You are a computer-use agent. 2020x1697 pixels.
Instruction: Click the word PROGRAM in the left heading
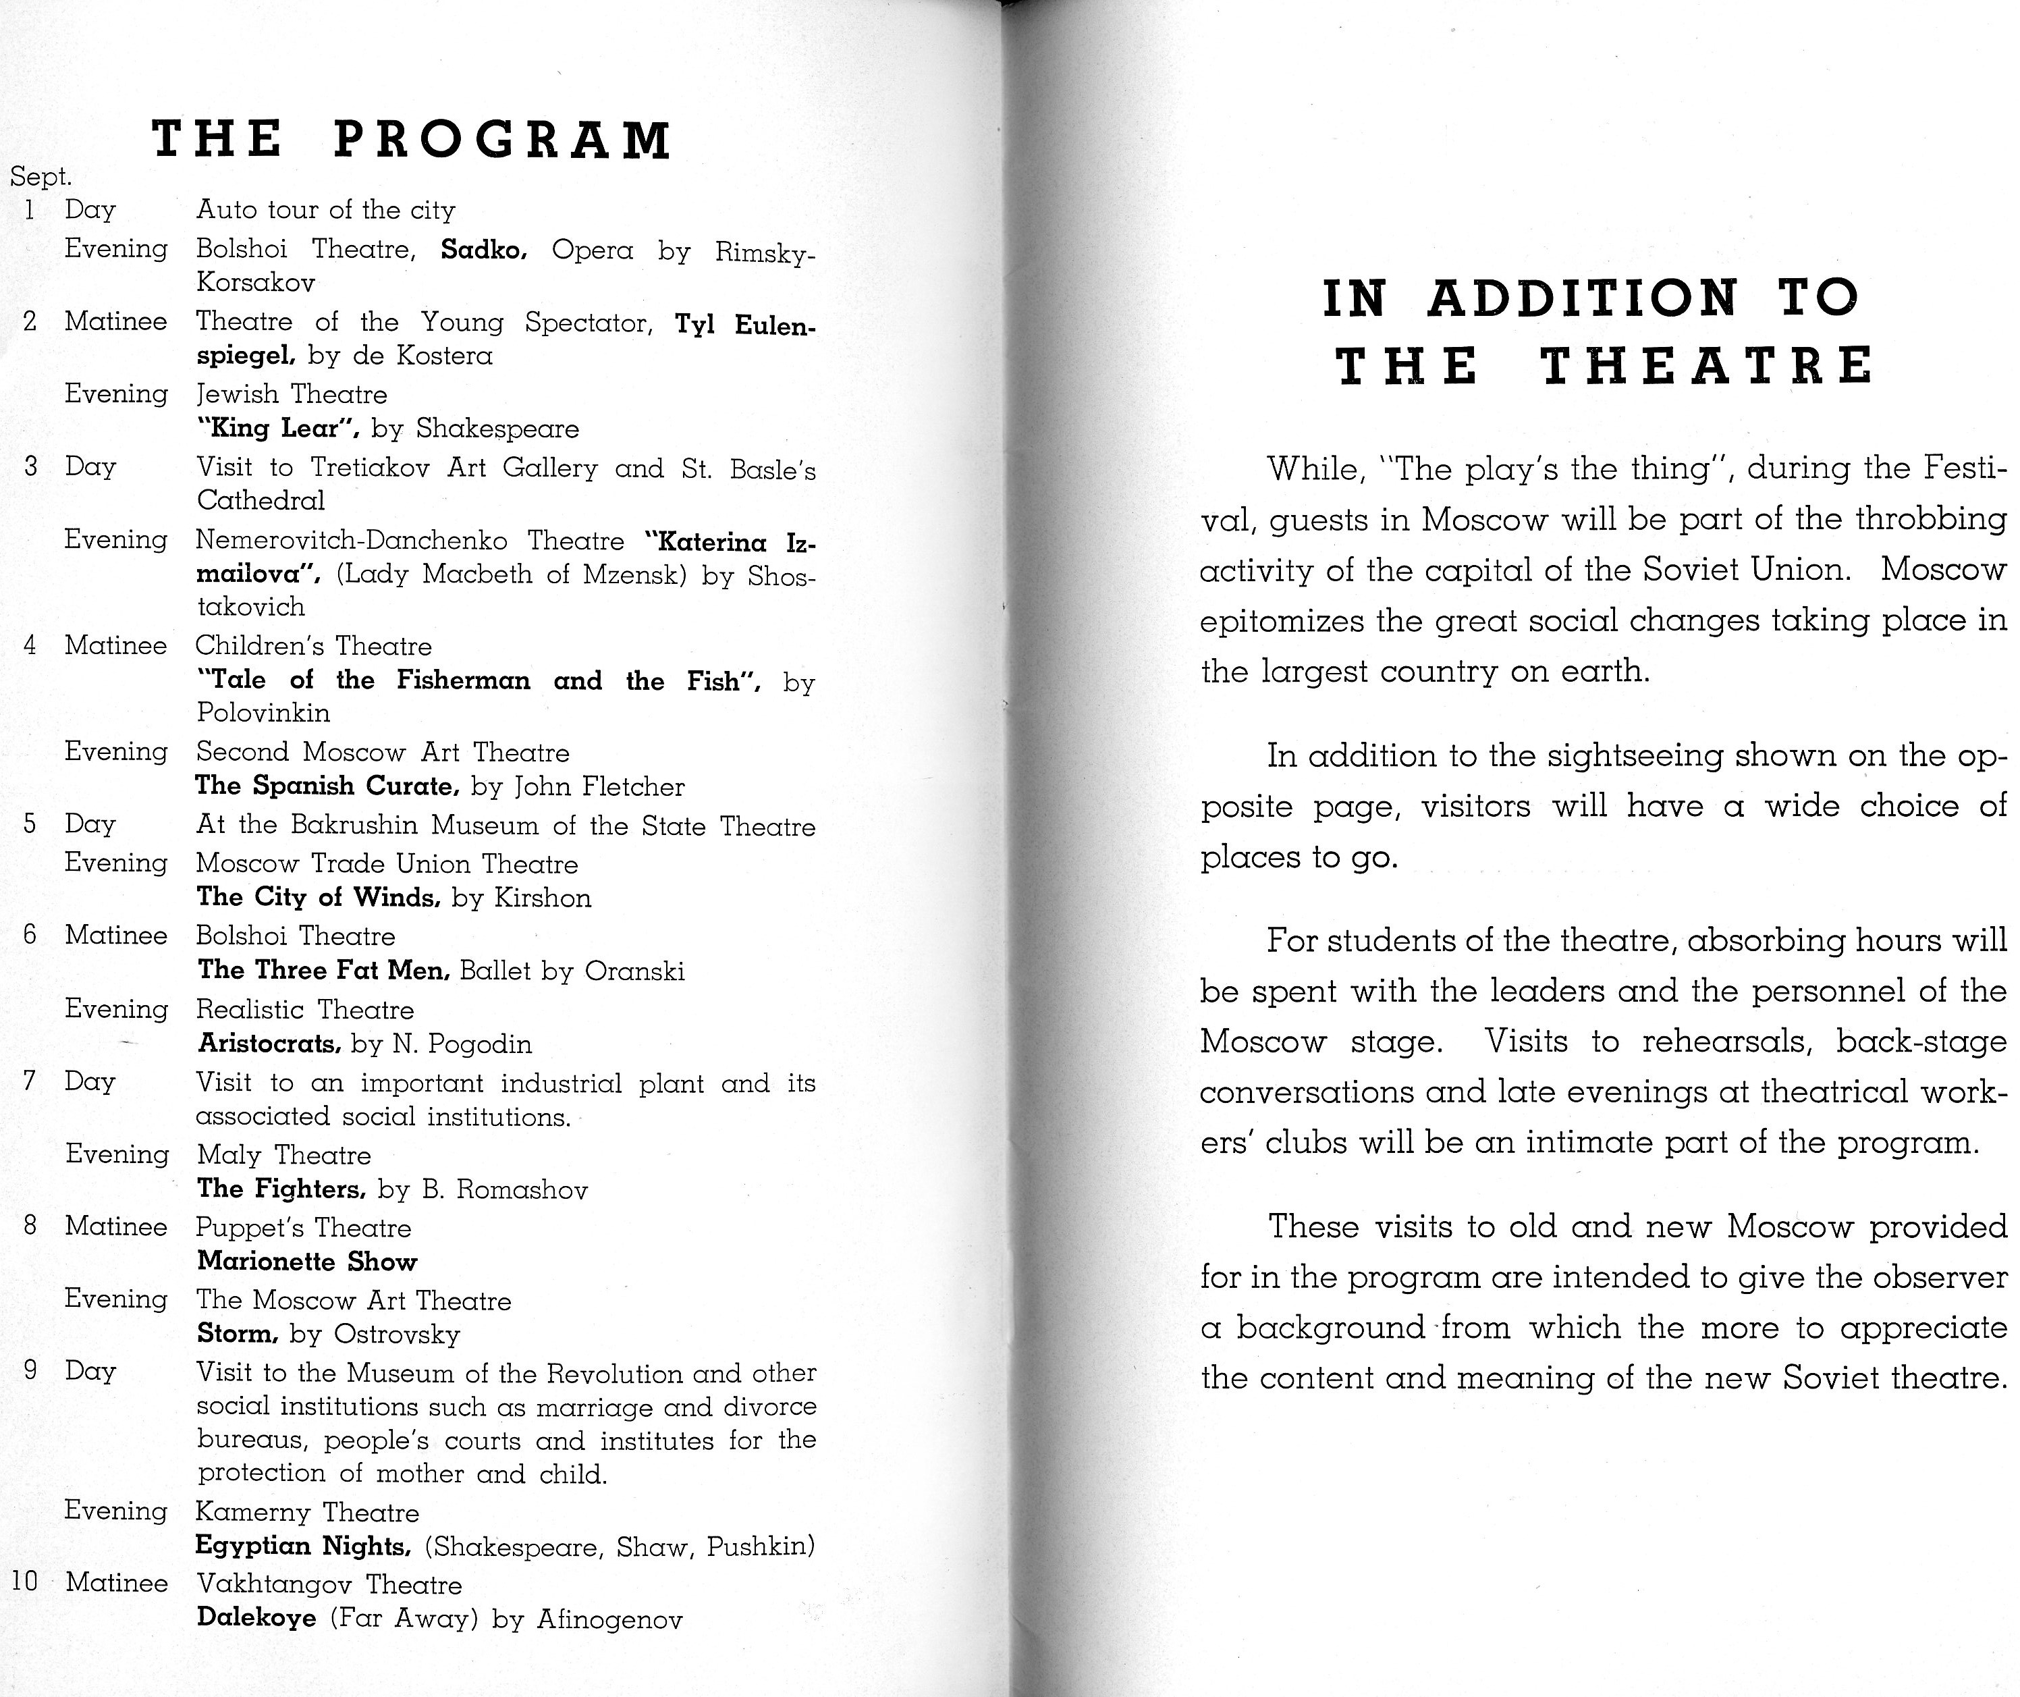point(502,140)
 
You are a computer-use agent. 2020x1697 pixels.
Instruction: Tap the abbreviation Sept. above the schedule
point(40,177)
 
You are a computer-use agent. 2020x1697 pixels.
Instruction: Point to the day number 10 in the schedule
point(24,1582)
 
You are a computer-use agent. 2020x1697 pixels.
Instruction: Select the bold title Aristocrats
point(269,1044)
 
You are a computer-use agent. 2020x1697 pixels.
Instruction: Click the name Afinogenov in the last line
point(610,1620)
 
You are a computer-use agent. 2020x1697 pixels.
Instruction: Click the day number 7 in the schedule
point(30,1081)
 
